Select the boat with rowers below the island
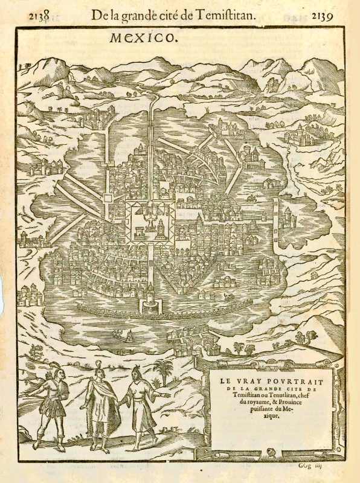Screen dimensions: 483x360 click(x=126, y=336)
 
